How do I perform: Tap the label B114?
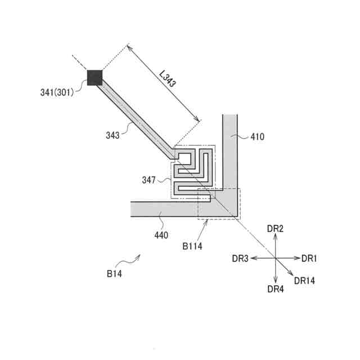point(192,245)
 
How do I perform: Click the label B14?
point(114,274)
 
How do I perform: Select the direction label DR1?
point(309,258)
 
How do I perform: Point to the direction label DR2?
point(275,228)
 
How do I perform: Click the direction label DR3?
point(240,258)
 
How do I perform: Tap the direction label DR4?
point(276,289)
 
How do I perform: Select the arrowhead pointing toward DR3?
point(253,258)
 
